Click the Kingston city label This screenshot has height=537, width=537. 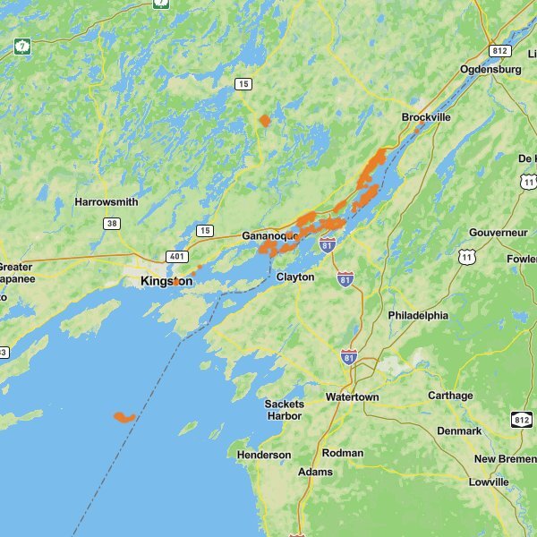[x=166, y=281]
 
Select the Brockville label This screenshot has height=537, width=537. [x=426, y=117]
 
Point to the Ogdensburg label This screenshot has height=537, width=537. [x=490, y=69]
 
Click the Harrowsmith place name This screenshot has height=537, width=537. [x=107, y=201]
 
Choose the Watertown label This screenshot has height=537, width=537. [x=352, y=396]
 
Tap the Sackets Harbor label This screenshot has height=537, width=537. [x=284, y=410]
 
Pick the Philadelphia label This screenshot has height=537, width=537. [x=418, y=316]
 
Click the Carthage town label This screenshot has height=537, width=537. [x=450, y=396]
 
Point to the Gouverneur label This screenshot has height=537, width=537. [x=499, y=233]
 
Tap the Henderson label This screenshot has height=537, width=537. [x=264, y=455]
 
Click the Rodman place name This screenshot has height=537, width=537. [x=343, y=453]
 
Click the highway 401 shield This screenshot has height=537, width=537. [x=175, y=256]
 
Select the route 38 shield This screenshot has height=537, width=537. [x=111, y=224]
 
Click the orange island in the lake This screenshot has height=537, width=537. [x=124, y=417]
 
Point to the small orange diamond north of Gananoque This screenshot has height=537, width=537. [x=264, y=120]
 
